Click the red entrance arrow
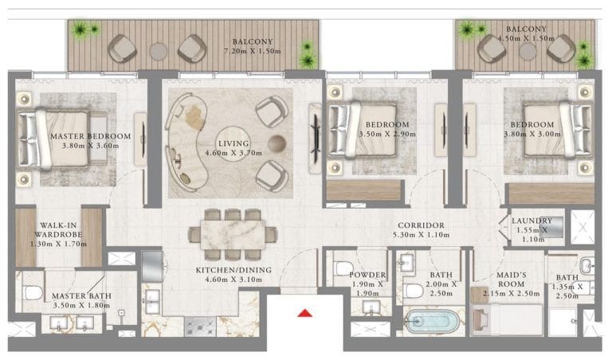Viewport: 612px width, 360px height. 304,313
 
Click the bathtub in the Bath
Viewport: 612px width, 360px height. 432,323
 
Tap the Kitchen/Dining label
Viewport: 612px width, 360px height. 233,270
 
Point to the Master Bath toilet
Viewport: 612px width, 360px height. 33,292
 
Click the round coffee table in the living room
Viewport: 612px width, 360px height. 276,143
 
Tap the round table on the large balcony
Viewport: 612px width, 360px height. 159,50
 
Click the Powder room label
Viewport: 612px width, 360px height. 367,275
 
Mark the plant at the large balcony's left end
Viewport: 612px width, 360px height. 81,31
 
